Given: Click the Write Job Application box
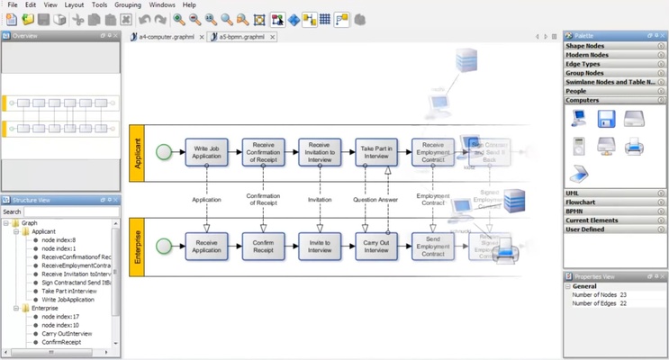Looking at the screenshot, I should [x=206, y=151].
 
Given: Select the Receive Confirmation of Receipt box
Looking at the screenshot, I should [x=263, y=151].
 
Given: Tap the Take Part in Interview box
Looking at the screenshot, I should [x=376, y=151].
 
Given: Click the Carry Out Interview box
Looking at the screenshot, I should [x=376, y=246].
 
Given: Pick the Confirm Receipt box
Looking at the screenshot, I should [x=263, y=246].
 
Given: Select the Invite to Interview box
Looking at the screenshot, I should [x=320, y=246].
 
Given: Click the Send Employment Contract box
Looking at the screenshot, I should [x=433, y=246].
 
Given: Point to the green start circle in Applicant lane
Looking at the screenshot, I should [x=163, y=152].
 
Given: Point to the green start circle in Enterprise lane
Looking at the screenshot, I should [x=163, y=246].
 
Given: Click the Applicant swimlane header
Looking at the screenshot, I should [x=137, y=152].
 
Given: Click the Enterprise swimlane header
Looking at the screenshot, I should [x=137, y=246].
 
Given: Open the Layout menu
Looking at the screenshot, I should [x=74, y=5].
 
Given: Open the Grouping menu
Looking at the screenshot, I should [x=128, y=5].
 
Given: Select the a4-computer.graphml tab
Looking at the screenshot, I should [x=167, y=37].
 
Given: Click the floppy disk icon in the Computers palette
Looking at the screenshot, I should [x=606, y=119].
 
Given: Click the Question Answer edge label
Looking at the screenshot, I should [x=376, y=200].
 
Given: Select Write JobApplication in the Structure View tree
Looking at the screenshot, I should [x=69, y=300].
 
